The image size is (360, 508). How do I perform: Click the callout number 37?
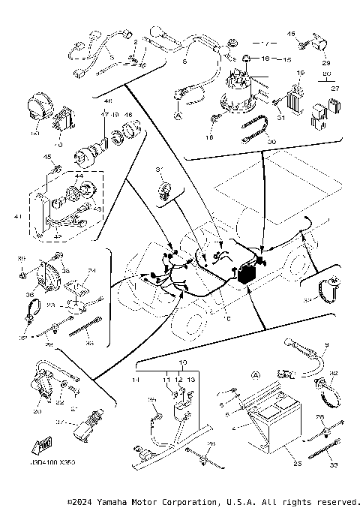pyautogui.click(x=62, y=422)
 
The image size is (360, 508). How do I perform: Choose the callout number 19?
pyautogui.click(x=299, y=72)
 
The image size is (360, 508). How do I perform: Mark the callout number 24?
pyautogui.click(x=92, y=271)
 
